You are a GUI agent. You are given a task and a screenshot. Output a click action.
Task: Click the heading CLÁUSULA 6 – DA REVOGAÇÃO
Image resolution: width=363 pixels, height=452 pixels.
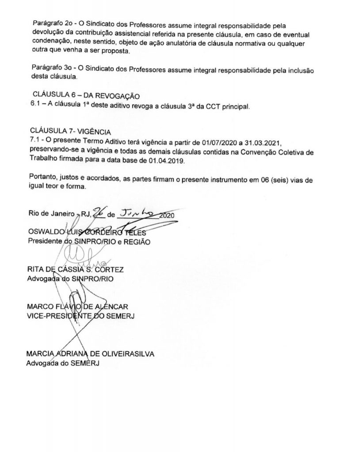click(x=86, y=96)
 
